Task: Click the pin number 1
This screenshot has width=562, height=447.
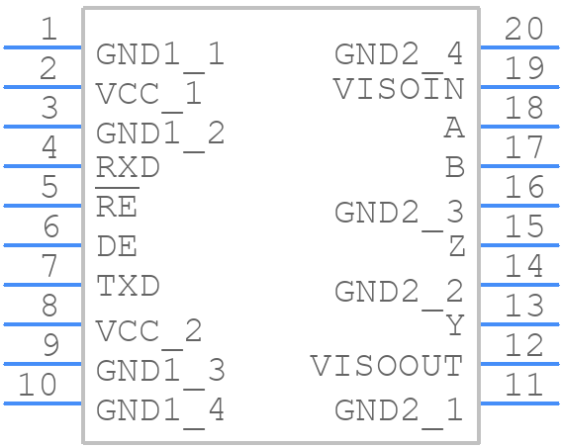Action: click(48, 29)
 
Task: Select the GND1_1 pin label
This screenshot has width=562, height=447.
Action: click(160, 54)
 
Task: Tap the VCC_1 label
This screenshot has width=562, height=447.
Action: click(148, 94)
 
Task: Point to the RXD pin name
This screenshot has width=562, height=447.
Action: click(128, 167)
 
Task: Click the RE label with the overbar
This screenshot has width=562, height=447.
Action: click(117, 207)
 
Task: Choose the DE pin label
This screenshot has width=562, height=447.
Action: click(117, 246)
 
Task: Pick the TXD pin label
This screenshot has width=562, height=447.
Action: click(128, 286)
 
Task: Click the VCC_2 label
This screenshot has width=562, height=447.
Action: click(148, 330)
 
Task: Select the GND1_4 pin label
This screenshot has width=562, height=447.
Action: click(160, 408)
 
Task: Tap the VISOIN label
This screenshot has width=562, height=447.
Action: click(398, 89)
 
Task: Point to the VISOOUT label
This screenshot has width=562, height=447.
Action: click(387, 366)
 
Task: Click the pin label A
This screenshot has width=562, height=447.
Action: click(453, 129)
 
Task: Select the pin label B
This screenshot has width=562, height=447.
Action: click(454, 168)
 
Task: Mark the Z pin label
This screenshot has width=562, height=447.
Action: click(455, 247)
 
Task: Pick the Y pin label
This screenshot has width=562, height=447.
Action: click(454, 325)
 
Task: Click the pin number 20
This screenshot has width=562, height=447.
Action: click(523, 29)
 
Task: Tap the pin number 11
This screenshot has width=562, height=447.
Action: click(523, 385)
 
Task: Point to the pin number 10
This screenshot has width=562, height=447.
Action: click(39, 385)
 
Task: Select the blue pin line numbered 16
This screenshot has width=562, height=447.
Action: click(519, 205)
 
